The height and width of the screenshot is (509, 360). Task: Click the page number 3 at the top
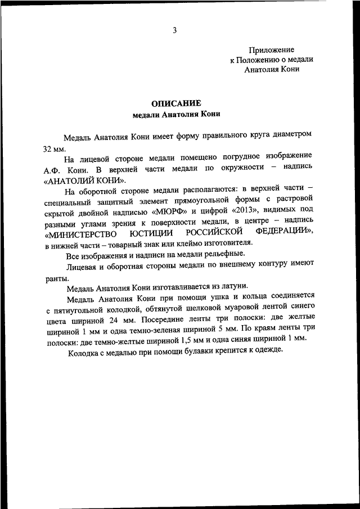pos(175,31)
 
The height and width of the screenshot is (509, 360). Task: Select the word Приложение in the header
pos(272,50)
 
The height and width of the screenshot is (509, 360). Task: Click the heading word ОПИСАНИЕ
pos(175,103)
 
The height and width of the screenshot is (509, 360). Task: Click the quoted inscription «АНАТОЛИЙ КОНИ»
pos(84,181)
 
